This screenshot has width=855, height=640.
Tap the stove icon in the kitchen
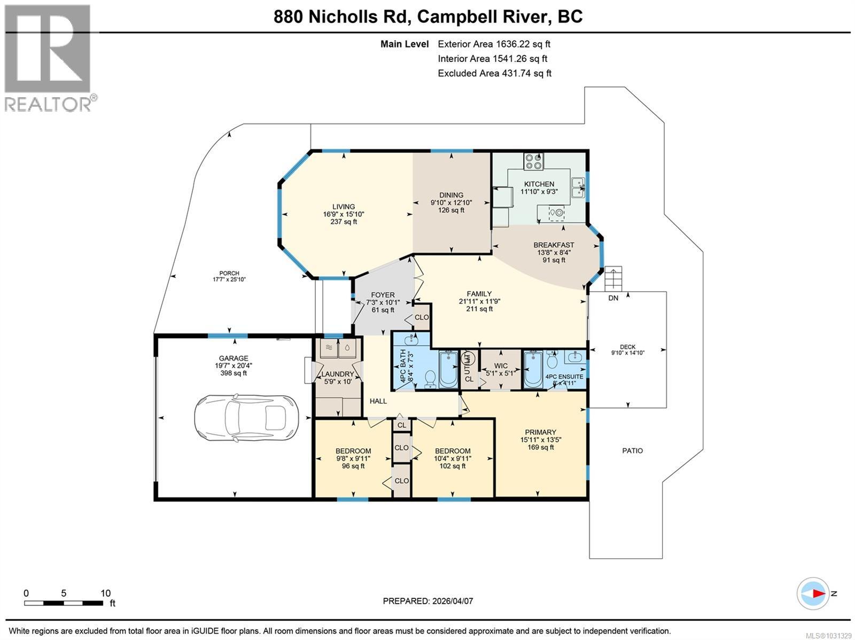tap(534, 161)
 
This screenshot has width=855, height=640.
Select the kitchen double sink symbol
tap(578, 188)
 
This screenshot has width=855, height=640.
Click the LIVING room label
tap(343, 207)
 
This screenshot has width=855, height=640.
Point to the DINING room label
tap(451, 195)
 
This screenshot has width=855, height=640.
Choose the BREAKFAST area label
tap(554, 245)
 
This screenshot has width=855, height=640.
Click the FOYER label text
tap(383, 295)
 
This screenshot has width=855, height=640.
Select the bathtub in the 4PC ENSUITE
tap(533, 369)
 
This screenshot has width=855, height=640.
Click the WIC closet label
tap(501, 366)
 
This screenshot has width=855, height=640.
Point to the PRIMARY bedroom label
tap(540, 432)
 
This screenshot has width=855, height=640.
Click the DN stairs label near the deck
tap(613, 298)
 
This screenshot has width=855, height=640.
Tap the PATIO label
tap(632, 450)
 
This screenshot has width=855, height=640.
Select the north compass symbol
tap(813, 594)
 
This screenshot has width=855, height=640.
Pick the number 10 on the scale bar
tap(105, 593)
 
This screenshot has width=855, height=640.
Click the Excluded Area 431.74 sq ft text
tap(494, 73)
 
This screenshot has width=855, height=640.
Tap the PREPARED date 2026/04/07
tap(428, 601)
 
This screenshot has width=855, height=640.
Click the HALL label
tap(378, 401)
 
